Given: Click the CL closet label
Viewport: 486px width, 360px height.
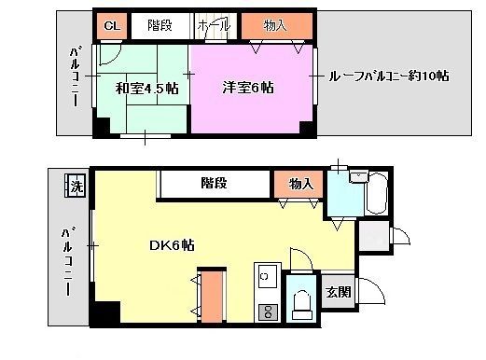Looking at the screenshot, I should click(x=110, y=26).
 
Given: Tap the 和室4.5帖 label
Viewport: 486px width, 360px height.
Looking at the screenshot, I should click(x=143, y=89).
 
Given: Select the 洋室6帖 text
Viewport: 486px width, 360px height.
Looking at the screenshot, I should click(x=247, y=89).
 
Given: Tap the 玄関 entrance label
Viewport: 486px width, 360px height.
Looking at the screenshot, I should click(x=337, y=292).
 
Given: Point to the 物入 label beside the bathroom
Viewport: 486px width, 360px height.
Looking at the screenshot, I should click(x=299, y=184).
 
